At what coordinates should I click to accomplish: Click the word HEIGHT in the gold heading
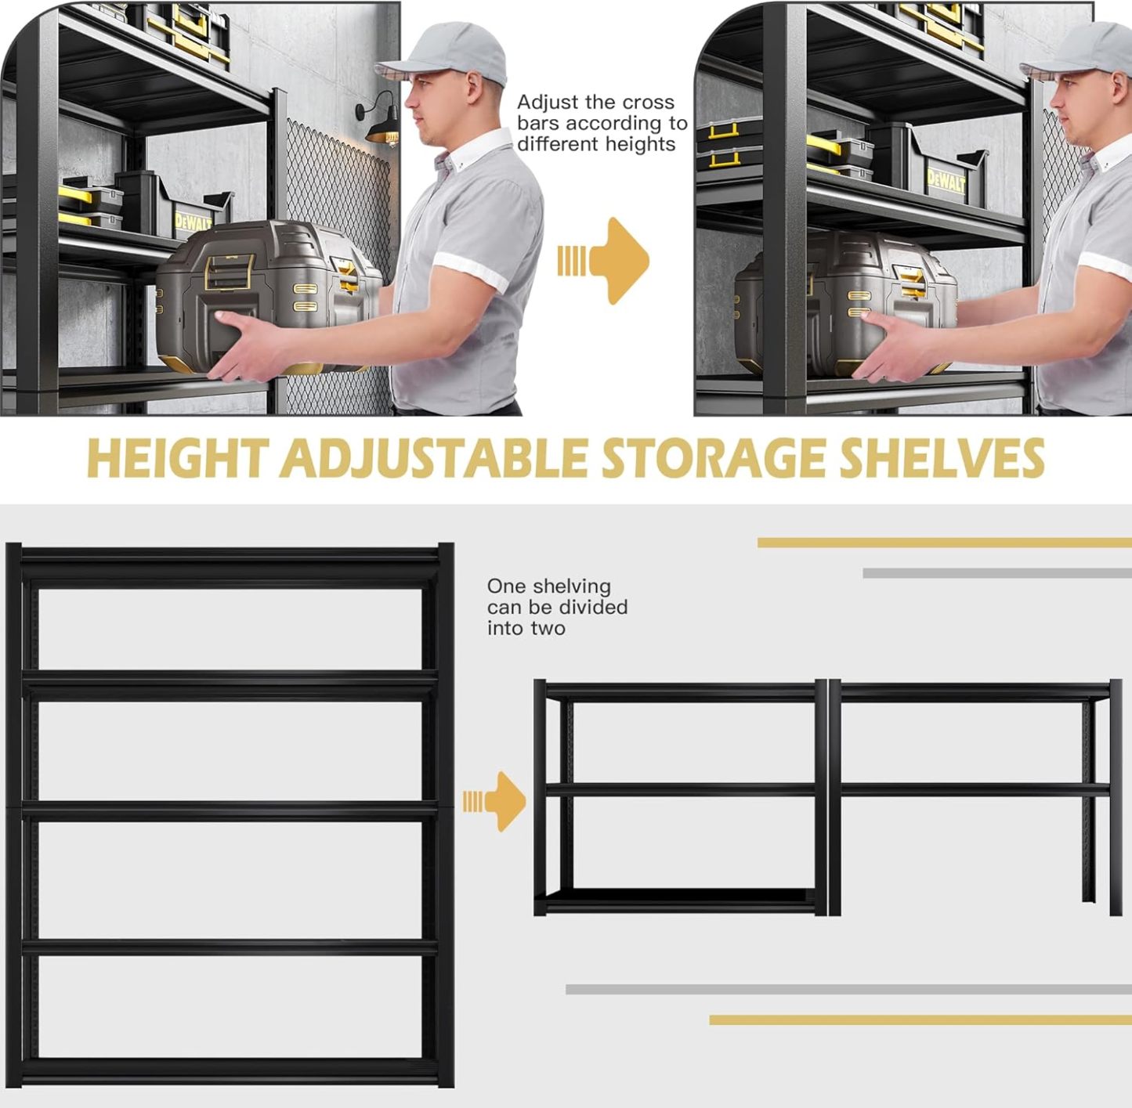coord(178,459)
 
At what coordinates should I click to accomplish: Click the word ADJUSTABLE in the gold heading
coord(433,460)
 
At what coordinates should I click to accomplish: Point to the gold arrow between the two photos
coord(604,261)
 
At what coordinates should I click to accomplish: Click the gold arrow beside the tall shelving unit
coord(494,801)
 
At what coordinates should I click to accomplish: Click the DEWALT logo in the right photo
coord(946,182)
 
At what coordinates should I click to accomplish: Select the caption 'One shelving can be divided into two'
coord(557,607)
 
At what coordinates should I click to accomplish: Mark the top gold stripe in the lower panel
coord(945,543)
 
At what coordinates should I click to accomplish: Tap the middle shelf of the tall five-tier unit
coord(230,811)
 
